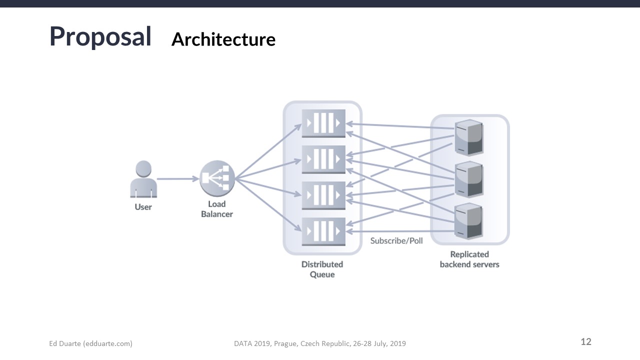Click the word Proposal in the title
[100, 36]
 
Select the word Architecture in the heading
[223, 39]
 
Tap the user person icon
[143, 178]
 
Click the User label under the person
[143, 207]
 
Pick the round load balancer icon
[217, 178]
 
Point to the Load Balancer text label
[217, 209]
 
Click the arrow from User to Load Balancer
[178, 178]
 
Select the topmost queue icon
[323, 123]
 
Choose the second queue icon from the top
[323, 159]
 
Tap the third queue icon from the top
[323, 195]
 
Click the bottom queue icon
[323, 231]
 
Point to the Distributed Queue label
[322, 269]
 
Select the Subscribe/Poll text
[396, 241]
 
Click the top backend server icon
[468, 137]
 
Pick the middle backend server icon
[468, 179]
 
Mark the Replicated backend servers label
[469, 259]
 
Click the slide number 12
[586, 342]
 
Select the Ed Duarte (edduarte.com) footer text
[90, 343]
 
